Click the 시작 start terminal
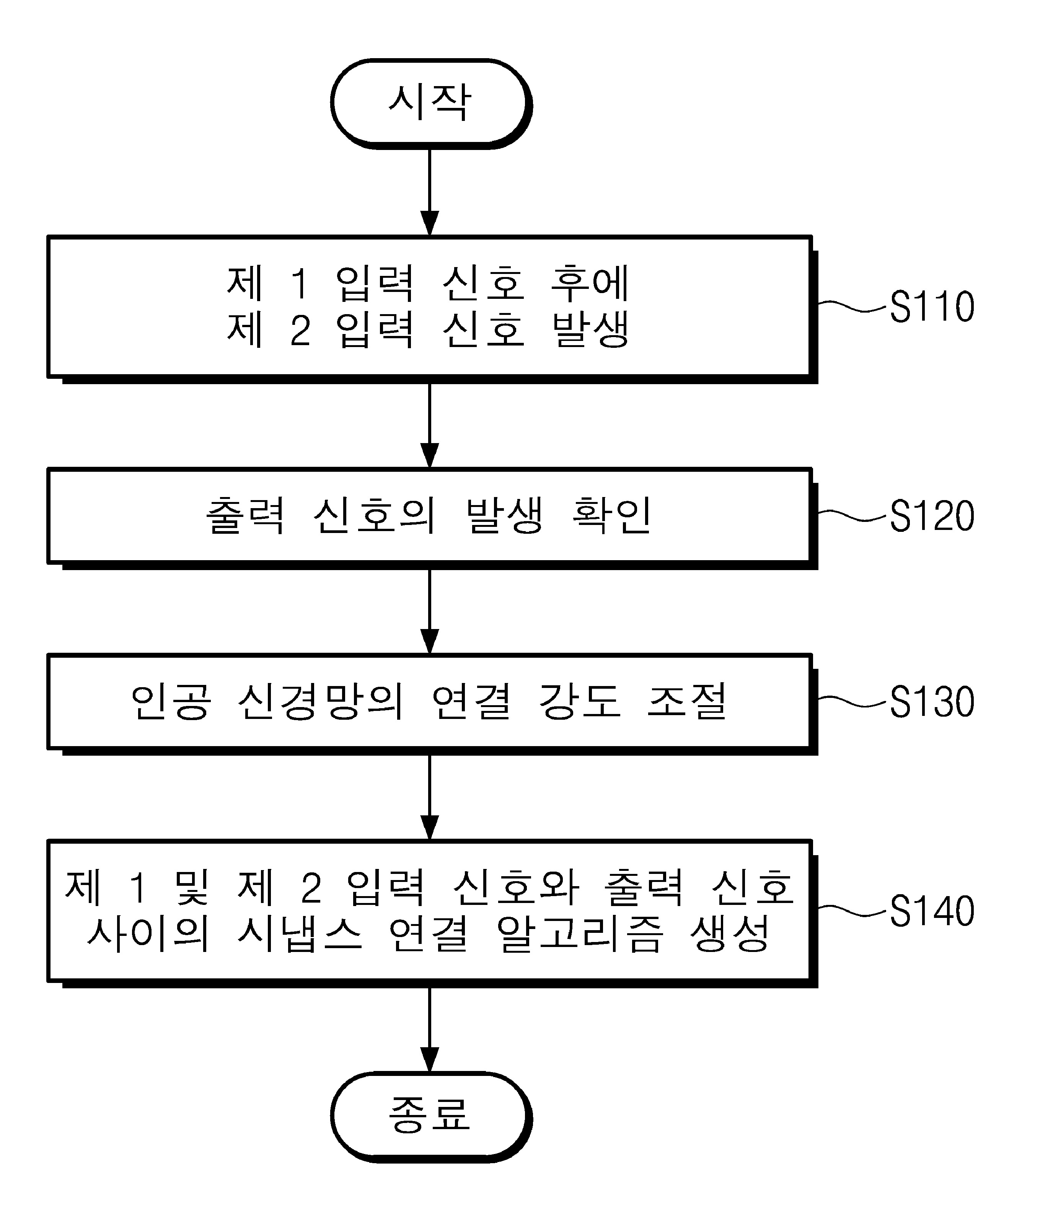click(430, 103)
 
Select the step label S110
click(932, 306)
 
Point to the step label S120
click(932, 516)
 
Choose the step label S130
click(932, 702)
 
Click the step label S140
click(932, 910)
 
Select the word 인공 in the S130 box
click(170, 702)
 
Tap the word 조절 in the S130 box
click(688, 702)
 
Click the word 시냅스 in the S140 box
click(300, 934)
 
